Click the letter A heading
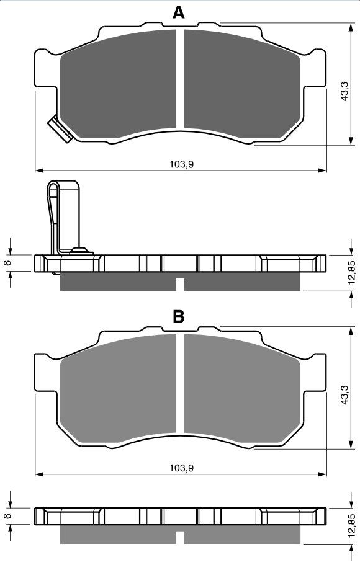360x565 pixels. click(179, 12)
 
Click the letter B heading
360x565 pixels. click(179, 317)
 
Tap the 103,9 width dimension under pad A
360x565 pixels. click(182, 164)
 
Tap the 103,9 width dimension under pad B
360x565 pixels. click(182, 468)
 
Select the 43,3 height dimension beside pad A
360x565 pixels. click(344, 92)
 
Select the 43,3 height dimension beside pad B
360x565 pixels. click(344, 395)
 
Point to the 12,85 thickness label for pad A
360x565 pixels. click(352, 272)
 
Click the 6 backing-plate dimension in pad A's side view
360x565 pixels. click(8, 262)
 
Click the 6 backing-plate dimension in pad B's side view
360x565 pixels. click(8, 516)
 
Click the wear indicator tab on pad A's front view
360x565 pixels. click(58, 128)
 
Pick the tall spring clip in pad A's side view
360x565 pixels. click(63, 217)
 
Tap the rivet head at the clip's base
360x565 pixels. click(79, 250)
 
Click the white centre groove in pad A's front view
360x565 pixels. click(181, 79)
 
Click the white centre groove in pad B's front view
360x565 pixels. click(181, 383)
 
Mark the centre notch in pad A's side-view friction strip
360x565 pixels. click(181, 284)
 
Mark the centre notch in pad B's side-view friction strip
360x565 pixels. click(181, 538)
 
